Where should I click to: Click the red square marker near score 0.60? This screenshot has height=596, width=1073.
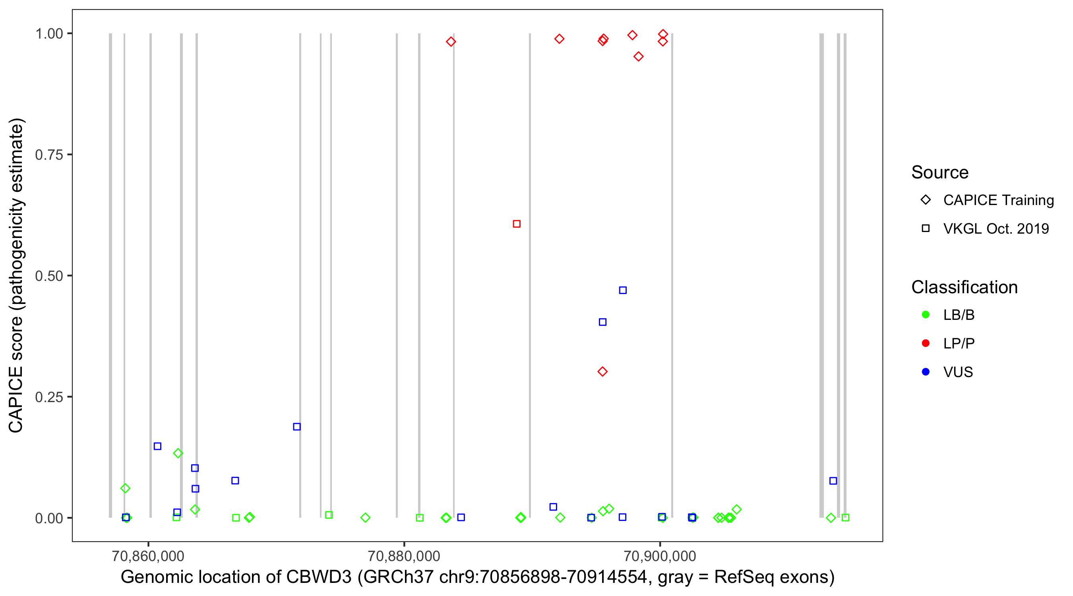coord(517,224)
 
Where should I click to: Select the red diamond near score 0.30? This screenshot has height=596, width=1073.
coord(602,372)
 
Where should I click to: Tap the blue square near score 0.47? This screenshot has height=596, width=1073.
coord(623,290)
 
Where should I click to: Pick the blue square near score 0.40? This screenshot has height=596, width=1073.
coord(602,322)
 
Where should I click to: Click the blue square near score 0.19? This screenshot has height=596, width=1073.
coord(296,426)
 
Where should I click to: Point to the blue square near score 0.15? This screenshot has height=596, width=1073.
coord(157,446)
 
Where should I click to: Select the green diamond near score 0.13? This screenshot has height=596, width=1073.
coord(178,453)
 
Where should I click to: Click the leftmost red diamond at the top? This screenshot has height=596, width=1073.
coord(451,42)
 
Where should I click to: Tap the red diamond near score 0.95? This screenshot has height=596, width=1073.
coord(639,57)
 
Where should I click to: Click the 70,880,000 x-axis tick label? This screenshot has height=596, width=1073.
coord(404,555)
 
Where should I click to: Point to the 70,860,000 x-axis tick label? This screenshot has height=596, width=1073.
coord(148,555)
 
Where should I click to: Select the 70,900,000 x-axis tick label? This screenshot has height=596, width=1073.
coord(660,555)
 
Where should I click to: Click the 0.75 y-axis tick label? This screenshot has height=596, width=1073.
coord(49,155)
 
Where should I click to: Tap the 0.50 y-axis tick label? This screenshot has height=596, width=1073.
coord(49,276)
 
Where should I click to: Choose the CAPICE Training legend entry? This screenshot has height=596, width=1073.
coord(998,200)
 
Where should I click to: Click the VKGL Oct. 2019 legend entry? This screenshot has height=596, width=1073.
coord(996,228)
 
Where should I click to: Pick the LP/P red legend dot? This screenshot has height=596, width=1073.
coord(926,343)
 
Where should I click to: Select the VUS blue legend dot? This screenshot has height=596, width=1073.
coord(926,372)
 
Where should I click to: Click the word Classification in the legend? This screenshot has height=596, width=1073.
coord(964,287)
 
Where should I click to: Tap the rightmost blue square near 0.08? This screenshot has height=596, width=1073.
coord(833,481)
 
